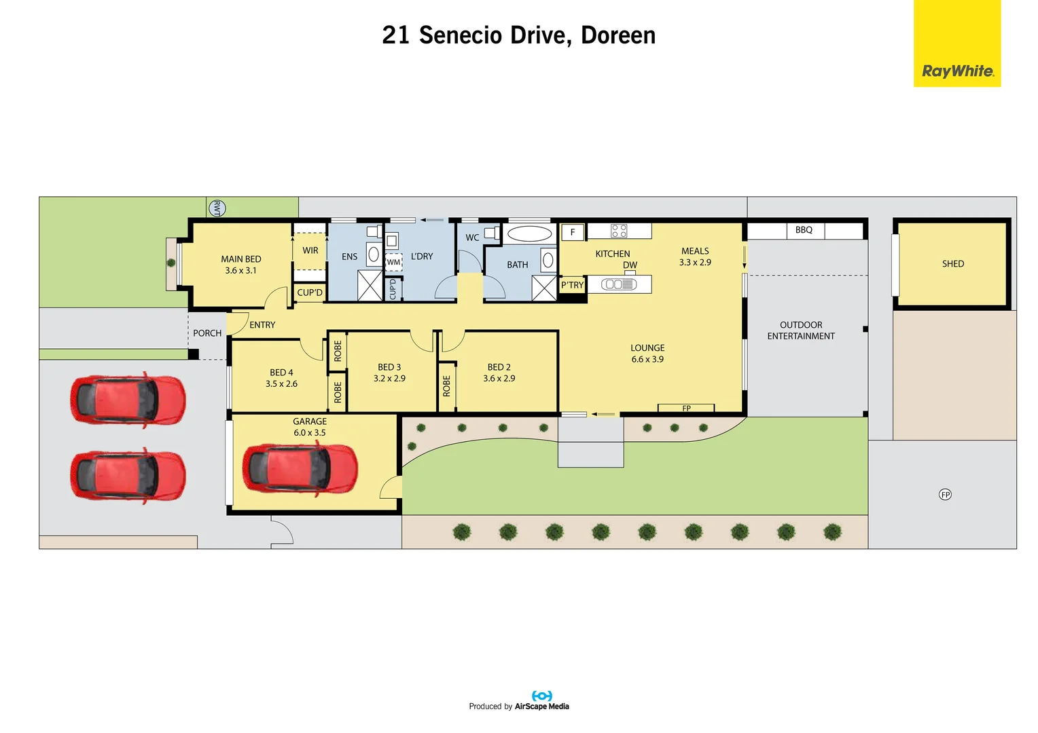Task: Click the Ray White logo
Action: tap(957, 43)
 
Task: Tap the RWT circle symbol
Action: tap(217, 208)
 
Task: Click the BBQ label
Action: tap(804, 229)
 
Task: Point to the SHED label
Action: tap(952, 263)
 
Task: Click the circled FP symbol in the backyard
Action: tap(945, 495)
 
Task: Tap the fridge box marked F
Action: tap(573, 232)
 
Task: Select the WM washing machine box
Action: tap(393, 262)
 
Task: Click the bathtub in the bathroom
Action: tap(529, 234)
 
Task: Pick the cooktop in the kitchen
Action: tap(619, 231)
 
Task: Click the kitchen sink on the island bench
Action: tap(619, 284)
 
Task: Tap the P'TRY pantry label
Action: tap(572, 285)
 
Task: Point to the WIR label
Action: tap(310, 250)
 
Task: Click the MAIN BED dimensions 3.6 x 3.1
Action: tap(240, 270)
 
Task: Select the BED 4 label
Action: tap(281, 373)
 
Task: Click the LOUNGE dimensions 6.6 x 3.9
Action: tap(647, 359)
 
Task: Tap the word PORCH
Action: tap(207, 333)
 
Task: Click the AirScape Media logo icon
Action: tap(541, 696)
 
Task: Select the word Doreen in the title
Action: tap(618, 35)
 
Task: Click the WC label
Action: tap(472, 238)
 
